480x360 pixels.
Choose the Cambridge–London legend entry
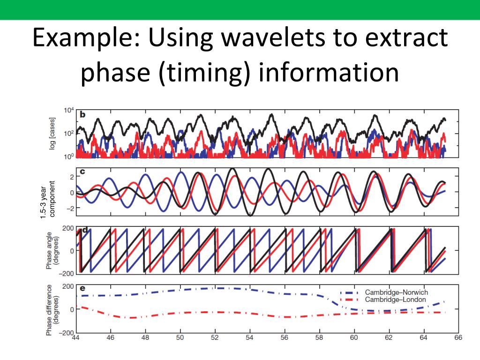tap(395, 300)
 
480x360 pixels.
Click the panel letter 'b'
tap(82, 114)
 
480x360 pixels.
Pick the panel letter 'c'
tap(82, 172)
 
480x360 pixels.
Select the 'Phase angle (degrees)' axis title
tap(52, 251)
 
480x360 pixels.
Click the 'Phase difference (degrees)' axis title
tap(52, 310)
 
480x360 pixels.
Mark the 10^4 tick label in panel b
tap(68, 111)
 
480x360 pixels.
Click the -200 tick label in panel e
tap(65, 333)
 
